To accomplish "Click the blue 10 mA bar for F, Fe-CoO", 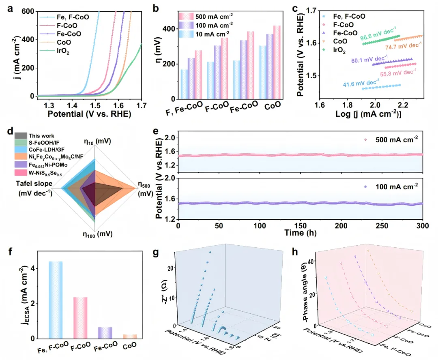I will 185,84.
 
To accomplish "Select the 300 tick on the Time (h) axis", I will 422,225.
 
